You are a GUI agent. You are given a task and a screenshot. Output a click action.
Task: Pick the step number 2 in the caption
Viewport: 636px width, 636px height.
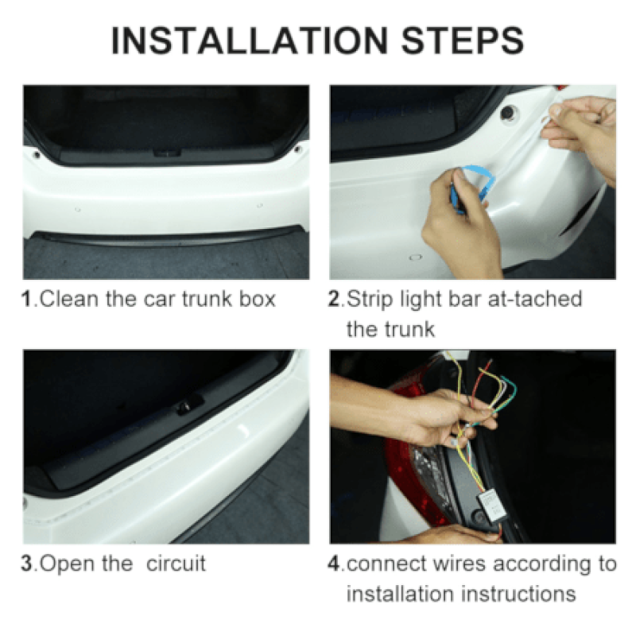coord(335,301)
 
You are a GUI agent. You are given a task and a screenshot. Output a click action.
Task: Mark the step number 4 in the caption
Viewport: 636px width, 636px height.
coord(335,564)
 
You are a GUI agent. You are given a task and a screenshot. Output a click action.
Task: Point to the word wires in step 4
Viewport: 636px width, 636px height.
coord(450,564)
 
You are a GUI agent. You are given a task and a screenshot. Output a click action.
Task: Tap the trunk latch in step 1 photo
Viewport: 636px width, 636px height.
coord(165,151)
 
